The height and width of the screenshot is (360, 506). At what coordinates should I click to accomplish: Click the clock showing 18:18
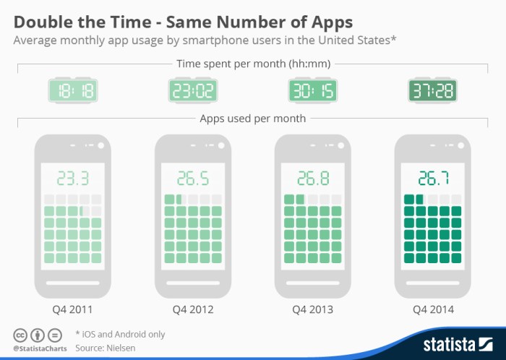[x=72, y=90]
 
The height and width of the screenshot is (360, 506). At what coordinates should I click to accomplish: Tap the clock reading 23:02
[x=192, y=90]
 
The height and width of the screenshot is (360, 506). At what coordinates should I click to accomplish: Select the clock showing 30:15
[x=312, y=90]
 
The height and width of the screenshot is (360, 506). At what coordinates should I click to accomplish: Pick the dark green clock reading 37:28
[x=432, y=90]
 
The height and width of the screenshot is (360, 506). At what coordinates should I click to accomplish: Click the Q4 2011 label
[x=72, y=309]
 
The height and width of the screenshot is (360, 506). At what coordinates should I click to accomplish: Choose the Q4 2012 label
[x=192, y=309]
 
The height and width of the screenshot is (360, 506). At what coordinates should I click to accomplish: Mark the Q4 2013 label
[x=312, y=309]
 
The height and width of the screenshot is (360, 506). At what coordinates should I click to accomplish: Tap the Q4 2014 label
[x=432, y=309]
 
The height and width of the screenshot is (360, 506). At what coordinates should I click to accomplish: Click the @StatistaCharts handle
[x=37, y=348]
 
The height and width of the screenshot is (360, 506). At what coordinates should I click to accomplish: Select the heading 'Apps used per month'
[x=252, y=118]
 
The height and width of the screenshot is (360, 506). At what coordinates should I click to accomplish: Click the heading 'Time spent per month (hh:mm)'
[x=252, y=64]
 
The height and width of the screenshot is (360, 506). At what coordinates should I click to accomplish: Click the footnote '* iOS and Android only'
[x=120, y=334]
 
